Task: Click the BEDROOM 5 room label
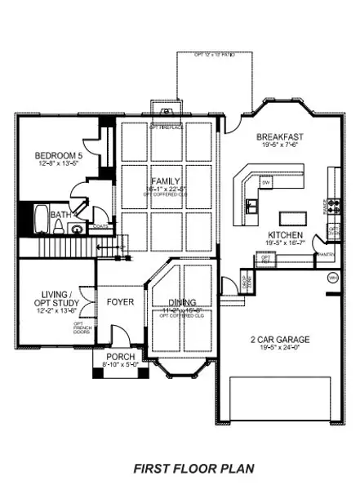(56, 156)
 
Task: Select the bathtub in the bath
(42, 219)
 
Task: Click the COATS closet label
(100, 226)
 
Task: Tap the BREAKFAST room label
(281, 137)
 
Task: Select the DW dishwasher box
(266, 183)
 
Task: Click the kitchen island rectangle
(291, 218)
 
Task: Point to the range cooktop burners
(333, 205)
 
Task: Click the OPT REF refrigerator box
(265, 259)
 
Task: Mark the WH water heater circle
(333, 278)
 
